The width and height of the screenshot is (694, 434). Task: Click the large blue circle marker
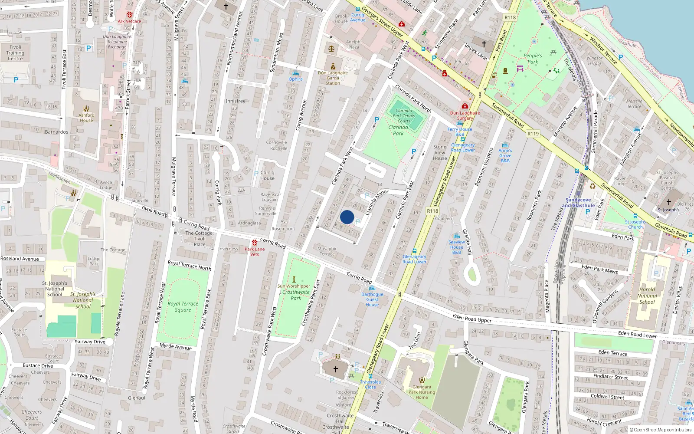point(347,217)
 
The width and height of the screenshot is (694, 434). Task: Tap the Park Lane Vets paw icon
point(255,243)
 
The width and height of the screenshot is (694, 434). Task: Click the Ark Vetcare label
point(129,21)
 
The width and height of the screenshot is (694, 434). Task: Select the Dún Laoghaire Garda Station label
point(333,78)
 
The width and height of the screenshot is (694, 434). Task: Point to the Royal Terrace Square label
point(183,306)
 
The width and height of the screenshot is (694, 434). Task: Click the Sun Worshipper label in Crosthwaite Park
point(294,286)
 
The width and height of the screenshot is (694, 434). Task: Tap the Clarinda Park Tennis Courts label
point(404,115)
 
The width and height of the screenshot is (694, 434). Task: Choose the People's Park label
point(533,59)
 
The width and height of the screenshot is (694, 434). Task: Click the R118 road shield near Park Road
point(510,18)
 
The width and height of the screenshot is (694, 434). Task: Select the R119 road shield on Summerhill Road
point(533,134)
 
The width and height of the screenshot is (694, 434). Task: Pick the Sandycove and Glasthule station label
point(578,203)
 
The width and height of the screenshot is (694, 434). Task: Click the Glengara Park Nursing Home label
point(422,392)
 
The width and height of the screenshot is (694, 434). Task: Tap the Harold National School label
point(647,296)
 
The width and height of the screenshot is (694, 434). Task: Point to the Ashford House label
point(86,118)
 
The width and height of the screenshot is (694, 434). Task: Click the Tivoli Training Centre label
point(15,53)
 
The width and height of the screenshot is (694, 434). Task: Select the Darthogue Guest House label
point(372,299)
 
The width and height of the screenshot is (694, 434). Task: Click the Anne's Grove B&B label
point(505,155)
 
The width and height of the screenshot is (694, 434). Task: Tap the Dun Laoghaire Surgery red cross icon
point(465,106)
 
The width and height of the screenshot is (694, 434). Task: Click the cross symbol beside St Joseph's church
point(669,202)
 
